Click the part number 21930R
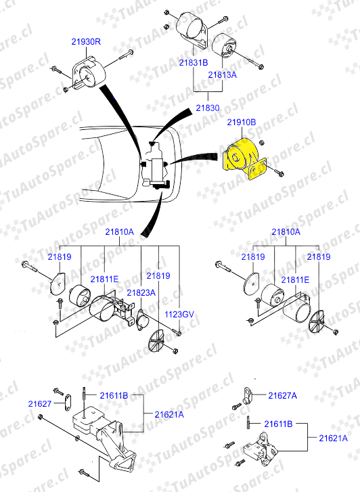[86, 41]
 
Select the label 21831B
[194, 62]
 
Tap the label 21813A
[222, 74]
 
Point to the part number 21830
[208, 108]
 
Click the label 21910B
[242, 122]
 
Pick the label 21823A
[141, 293]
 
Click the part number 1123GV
[179, 314]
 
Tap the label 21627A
[282, 396]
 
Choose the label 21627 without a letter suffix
[39, 404]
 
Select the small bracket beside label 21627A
[248, 395]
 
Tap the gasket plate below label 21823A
[143, 320]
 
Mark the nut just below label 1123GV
[178, 333]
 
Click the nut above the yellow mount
[261, 143]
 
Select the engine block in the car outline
[156, 165]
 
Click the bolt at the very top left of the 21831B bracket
[166, 13]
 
